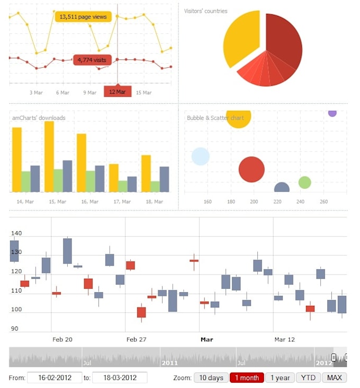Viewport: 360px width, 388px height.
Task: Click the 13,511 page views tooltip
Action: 83,17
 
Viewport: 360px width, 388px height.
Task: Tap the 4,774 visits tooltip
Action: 92,60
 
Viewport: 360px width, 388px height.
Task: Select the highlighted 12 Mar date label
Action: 118,92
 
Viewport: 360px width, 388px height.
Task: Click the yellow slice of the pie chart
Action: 241,39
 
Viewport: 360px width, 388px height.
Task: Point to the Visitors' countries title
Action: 205,11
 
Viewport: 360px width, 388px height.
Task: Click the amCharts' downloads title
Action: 39,118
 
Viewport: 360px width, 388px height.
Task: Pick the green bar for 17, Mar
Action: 123,186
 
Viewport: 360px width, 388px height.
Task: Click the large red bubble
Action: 251,170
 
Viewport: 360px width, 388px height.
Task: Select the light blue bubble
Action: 201,156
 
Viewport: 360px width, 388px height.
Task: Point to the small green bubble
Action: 304,182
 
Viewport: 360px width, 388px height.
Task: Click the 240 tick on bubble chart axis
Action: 301,202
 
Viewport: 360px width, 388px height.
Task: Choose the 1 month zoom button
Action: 247,378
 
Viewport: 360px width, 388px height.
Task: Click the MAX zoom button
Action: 334,378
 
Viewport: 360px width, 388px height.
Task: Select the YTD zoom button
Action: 308,378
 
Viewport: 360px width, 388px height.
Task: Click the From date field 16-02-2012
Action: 54,378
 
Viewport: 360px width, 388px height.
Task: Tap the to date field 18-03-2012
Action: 120,378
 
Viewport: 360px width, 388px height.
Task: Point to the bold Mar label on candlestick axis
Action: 206,339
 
